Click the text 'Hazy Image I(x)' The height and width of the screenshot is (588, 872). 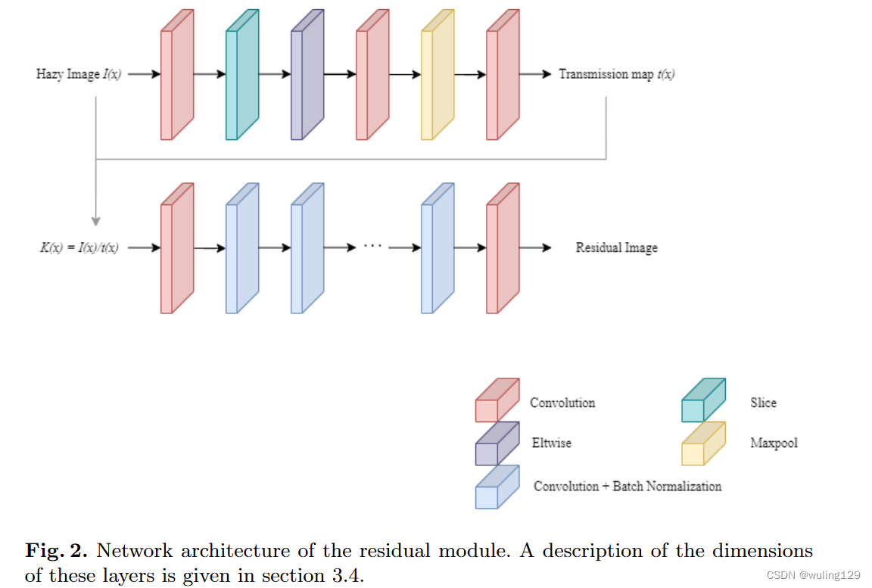tap(79, 74)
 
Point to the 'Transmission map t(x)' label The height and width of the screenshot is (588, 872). tap(616, 74)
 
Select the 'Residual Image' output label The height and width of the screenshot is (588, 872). tap(616, 247)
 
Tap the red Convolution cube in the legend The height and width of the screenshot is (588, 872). tap(497, 401)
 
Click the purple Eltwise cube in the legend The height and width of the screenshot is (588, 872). tap(497, 444)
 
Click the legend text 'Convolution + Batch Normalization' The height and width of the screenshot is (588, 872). tap(628, 486)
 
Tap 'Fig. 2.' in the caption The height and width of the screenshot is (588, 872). tap(57, 550)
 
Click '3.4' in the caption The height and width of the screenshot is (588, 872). tap(349, 575)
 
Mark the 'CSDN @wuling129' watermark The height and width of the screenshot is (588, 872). tap(813, 575)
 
